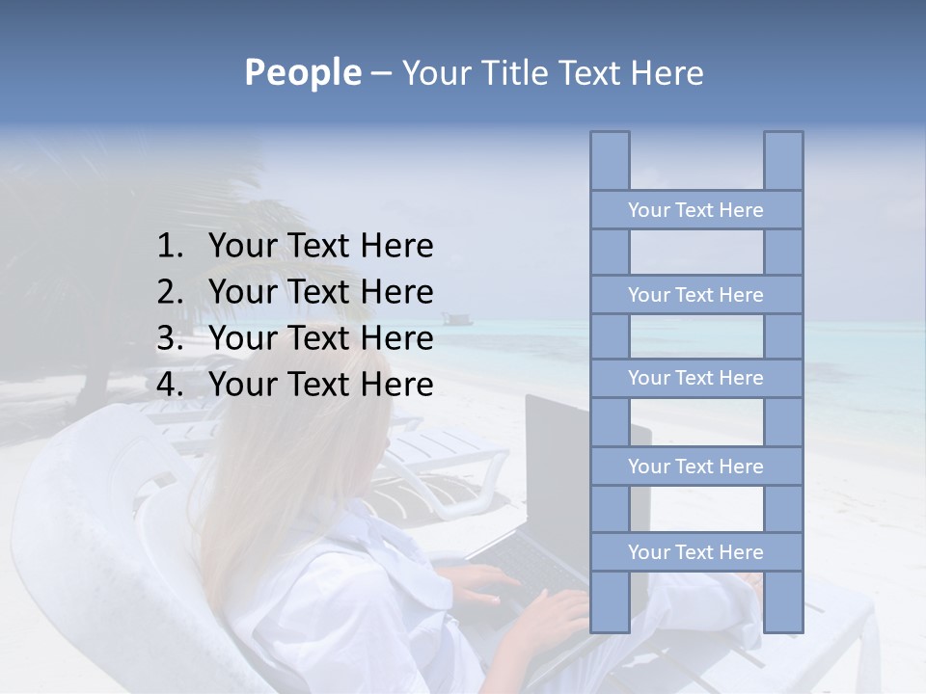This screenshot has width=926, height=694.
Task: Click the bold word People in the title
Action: click(301, 73)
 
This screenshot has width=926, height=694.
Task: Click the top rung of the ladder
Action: click(695, 210)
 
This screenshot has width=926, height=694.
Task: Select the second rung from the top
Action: click(695, 295)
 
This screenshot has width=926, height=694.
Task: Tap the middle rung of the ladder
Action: click(695, 378)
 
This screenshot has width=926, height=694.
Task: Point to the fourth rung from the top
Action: click(695, 467)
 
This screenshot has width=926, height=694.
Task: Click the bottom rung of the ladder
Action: click(695, 552)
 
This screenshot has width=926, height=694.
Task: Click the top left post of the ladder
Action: click(610, 160)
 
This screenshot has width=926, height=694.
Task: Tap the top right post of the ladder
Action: click(783, 160)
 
